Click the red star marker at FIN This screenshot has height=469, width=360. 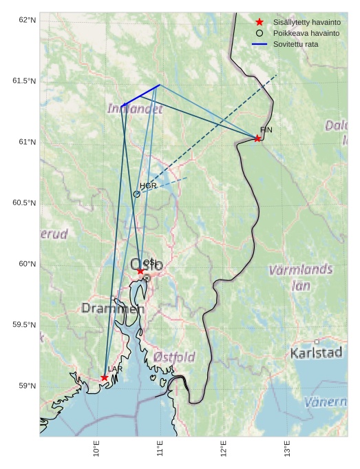pyautogui.click(x=257, y=138)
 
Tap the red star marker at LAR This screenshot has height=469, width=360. pyautogui.click(x=104, y=377)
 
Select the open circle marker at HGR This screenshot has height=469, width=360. pyautogui.click(x=136, y=194)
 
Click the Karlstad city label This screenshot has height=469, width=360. pyautogui.click(x=316, y=353)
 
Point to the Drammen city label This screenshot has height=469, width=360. pyautogui.click(x=113, y=309)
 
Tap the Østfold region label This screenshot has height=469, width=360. pyautogui.click(x=174, y=357)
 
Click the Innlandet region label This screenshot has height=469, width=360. pyautogui.click(x=135, y=109)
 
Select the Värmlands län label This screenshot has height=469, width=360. pyautogui.click(x=301, y=277)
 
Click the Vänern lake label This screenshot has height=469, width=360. pyautogui.click(x=326, y=402)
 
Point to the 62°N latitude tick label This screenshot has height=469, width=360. pyautogui.click(x=26, y=20)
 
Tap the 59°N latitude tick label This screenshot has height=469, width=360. pyautogui.click(x=26, y=385)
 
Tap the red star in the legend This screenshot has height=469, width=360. pyautogui.click(x=260, y=22)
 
